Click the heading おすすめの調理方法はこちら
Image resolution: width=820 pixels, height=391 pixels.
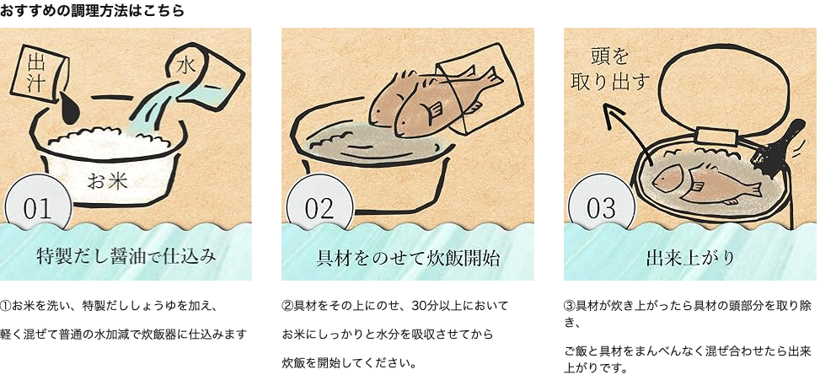click(x=93, y=11)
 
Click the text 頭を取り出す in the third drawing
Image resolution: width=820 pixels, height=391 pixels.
click(x=609, y=70)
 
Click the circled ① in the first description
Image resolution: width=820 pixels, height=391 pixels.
click(x=6, y=305)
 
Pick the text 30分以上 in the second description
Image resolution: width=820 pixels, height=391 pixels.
click(x=413, y=305)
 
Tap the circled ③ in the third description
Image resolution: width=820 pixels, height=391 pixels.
click(x=569, y=305)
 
